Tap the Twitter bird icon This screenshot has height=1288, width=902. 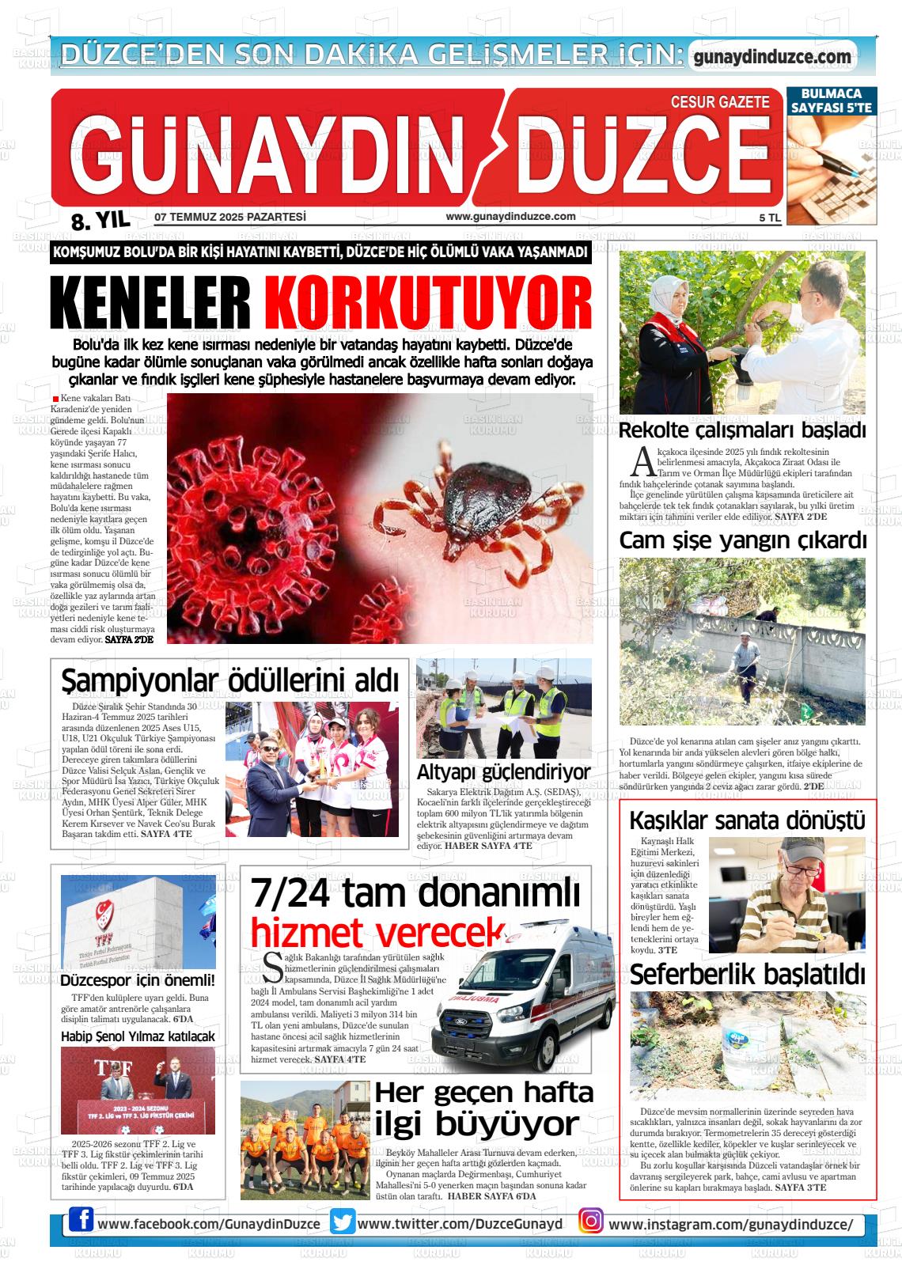(x=343, y=1222)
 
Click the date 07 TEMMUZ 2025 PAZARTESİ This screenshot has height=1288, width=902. (x=230, y=217)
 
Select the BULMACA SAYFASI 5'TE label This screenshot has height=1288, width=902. (x=831, y=100)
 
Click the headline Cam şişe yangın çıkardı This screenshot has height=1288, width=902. (x=742, y=541)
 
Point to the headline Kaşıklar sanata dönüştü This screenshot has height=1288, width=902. (x=746, y=820)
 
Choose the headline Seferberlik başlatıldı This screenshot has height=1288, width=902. (x=747, y=973)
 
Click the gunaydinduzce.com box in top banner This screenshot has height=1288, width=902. (x=771, y=57)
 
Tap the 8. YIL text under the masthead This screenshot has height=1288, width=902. (x=100, y=221)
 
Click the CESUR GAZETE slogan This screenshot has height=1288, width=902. (x=719, y=102)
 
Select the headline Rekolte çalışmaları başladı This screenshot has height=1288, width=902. (x=742, y=431)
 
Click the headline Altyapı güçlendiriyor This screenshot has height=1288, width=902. (x=503, y=772)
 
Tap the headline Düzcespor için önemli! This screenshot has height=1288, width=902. (x=138, y=981)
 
